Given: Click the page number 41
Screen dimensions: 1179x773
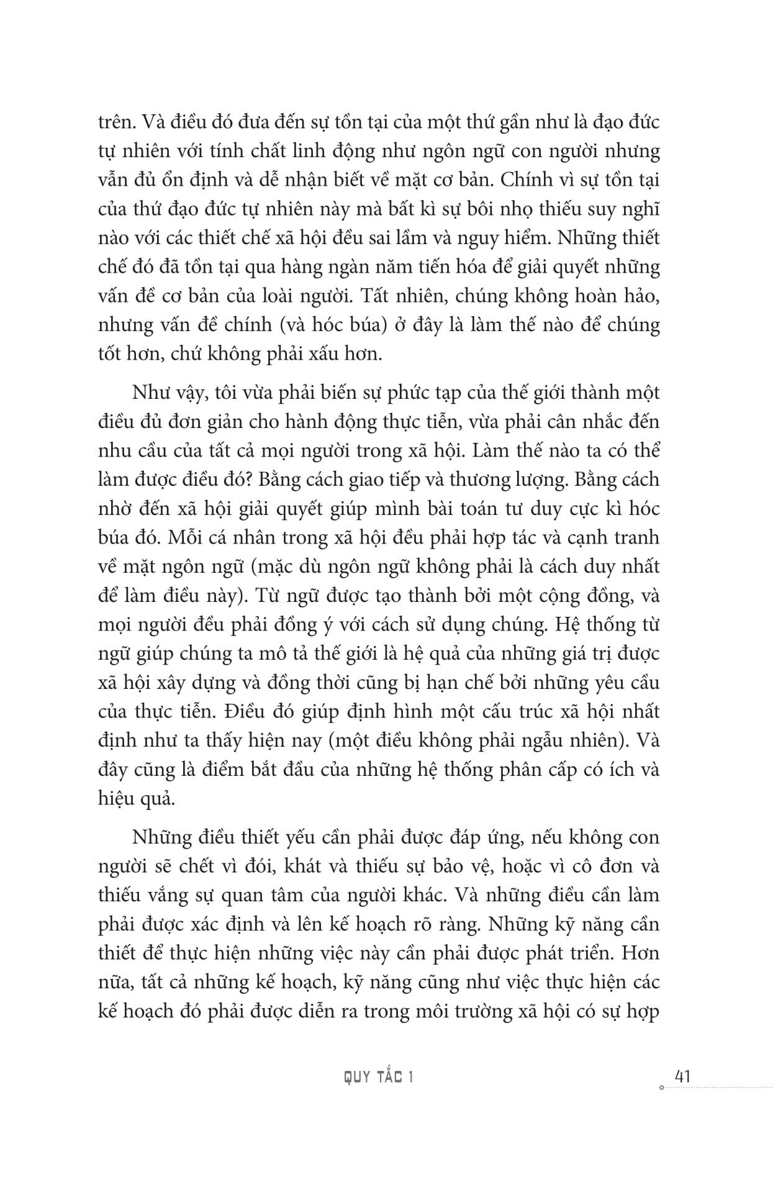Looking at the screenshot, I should point(682,1075).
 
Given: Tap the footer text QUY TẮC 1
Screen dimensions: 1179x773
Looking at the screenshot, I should point(379,1077).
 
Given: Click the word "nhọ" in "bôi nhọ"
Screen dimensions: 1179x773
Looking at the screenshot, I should point(515,209).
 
